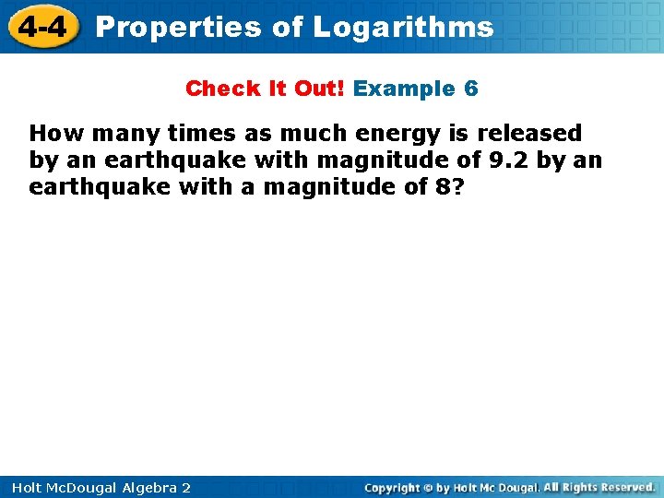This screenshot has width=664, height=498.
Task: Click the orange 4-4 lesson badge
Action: point(41,27)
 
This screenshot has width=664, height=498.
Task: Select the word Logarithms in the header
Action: point(403,27)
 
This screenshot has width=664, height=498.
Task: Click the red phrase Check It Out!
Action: point(265,89)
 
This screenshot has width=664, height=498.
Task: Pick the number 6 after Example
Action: point(471,89)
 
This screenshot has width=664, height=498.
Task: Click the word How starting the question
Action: point(51,134)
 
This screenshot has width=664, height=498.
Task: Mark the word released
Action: point(529,134)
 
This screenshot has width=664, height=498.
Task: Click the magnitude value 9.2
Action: point(509,160)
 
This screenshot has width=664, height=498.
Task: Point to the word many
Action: point(113,134)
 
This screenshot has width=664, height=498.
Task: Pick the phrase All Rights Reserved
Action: point(599,487)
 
